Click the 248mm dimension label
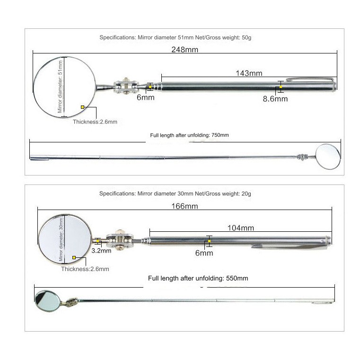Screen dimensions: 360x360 (185, 49)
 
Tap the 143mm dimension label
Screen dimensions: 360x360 (249, 73)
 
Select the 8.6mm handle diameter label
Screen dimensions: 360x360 (275, 99)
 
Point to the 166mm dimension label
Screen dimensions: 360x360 (185, 206)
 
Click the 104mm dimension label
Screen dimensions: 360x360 (241, 228)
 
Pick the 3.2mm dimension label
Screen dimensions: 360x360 (101, 250)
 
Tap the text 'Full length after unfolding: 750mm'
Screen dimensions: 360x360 (189, 135)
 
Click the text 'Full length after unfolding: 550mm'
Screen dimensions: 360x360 (198, 278)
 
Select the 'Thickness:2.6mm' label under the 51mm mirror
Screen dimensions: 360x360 (95, 122)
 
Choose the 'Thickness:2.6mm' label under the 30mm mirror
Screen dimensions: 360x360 (85, 269)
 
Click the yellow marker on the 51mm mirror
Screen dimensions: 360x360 (82, 107)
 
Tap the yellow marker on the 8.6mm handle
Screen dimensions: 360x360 (281, 87)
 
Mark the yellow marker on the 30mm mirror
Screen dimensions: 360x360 (74, 258)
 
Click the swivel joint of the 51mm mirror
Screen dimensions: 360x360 (126, 86)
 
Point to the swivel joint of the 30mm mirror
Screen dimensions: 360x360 (120, 240)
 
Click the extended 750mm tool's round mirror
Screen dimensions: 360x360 (328, 157)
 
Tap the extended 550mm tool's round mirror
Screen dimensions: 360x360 (47, 301)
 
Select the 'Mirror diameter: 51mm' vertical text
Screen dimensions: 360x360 (60, 87)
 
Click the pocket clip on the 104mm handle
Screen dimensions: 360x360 (290, 247)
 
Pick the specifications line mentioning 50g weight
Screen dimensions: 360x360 (176, 37)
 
